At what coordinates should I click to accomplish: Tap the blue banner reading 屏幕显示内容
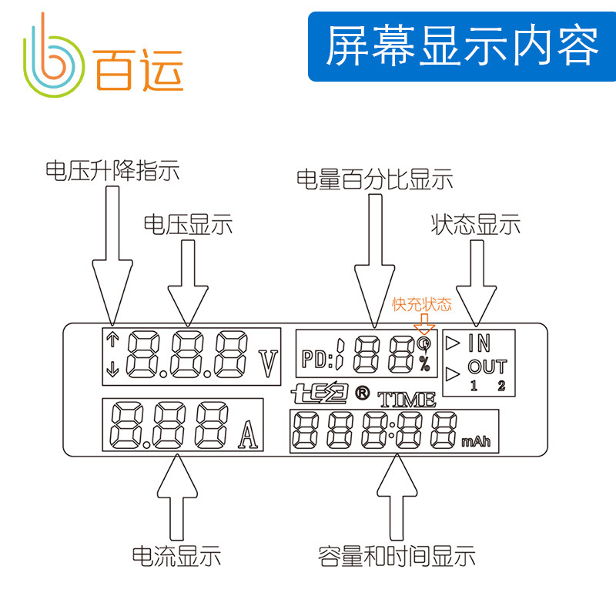point(461,47)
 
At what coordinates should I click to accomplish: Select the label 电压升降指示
point(113,170)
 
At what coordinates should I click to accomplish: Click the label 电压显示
point(188,225)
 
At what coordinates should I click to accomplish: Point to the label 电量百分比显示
point(375,179)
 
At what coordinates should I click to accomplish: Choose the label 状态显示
point(476,225)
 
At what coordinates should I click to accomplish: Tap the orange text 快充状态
point(422,304)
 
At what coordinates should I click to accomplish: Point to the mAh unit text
point(476,442)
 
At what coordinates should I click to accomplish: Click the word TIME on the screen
point(407,399)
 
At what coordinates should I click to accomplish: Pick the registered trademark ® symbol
point(361,393)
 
